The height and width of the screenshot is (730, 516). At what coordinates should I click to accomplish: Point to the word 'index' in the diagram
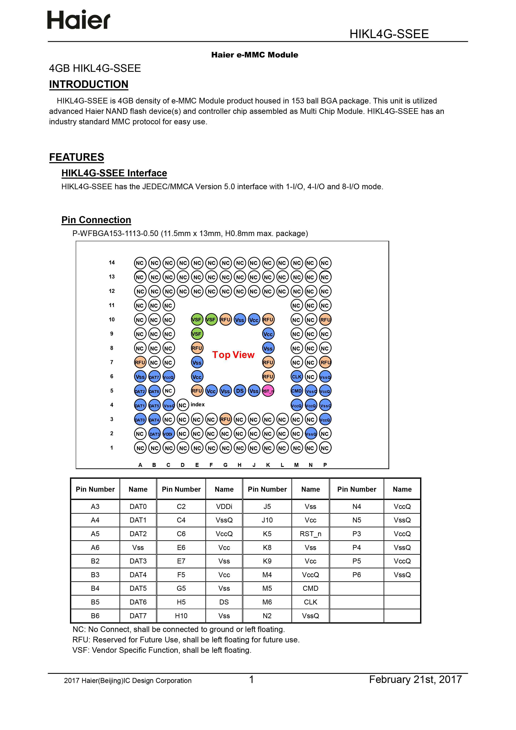coord(198,404)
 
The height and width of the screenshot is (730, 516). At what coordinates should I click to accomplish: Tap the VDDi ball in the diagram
coord(168,434)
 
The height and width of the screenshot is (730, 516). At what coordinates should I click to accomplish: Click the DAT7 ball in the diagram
coord(154,377)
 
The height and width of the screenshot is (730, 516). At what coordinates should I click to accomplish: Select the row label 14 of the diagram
coord(112,263)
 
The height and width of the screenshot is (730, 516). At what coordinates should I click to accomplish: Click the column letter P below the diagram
coord(325,465)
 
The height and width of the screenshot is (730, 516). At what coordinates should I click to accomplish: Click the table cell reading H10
coord(181,616)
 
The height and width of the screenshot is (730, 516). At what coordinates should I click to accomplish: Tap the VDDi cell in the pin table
coord(224,506)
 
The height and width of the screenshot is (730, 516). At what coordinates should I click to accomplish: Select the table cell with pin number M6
coord(267,602)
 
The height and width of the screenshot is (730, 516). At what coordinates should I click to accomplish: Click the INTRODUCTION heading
coord(89,84)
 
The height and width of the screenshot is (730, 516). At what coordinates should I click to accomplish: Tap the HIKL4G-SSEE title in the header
coord(389,34)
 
